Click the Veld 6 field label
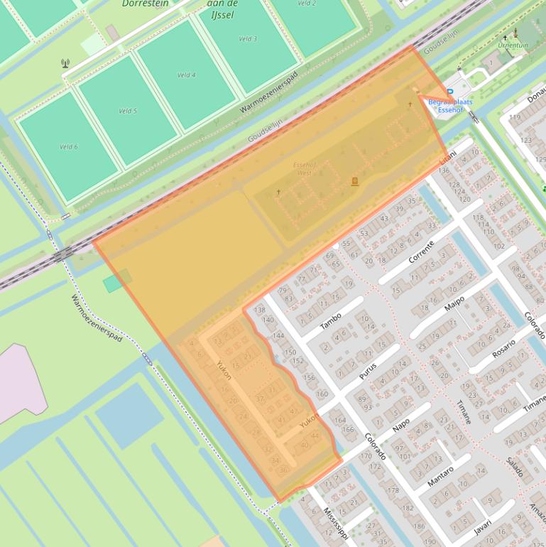[69, 146]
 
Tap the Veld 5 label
[128, 111]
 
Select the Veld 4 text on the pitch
[187, 75]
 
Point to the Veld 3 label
[248, 38]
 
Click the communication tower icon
[65, 63]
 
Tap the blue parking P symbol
[449, 92]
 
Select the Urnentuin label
[513, 45]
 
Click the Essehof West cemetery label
[305, 168]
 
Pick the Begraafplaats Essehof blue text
[450, 106]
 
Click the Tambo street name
[331, 321]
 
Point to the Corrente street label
[421, 251]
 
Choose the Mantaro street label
[440, 475]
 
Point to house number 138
[259, 310]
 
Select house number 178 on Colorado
[393, 490]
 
